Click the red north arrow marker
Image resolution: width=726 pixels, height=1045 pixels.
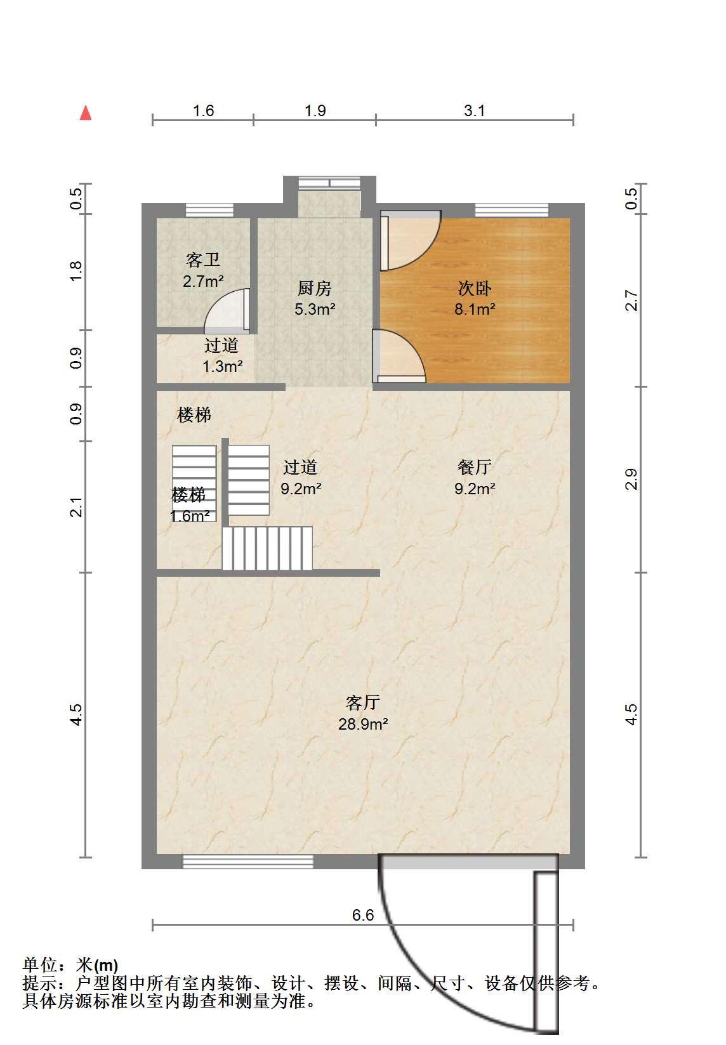[x=86, y=113]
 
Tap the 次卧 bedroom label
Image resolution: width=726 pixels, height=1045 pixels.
[x=475, y=288]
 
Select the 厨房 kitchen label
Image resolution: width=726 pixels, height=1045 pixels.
[x=315, y=288]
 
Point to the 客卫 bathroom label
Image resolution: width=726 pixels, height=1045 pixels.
[x=202, y=260]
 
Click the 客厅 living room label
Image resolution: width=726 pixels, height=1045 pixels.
[x=362, y=702]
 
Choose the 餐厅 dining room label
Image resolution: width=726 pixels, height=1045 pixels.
[x=475, y=466]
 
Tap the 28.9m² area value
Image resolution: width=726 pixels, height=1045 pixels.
[x=363, y=724]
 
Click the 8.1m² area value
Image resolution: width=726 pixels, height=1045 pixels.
[x=475, y=309]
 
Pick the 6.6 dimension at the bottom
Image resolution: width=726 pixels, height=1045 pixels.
[x=362, y=916]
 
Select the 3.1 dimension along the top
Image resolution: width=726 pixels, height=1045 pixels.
[x=474, y=110]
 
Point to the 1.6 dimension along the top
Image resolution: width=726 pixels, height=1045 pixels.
[x=203, y=110]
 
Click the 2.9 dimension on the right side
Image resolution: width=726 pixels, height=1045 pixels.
[x=631, y=479]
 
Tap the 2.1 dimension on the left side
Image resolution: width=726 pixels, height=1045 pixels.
[x=76, y=507]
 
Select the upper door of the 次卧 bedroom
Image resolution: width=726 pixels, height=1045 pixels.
[x=411, y=240]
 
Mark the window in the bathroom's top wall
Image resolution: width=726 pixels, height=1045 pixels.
[x=209, y=211]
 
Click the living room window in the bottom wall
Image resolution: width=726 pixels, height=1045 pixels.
[x=247, y=862]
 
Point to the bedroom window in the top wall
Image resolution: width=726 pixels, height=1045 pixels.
[x=512, y=211]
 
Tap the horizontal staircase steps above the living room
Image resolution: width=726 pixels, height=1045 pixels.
[x=267, y=548]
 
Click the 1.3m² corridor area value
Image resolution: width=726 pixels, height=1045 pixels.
[x=223, y=366]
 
